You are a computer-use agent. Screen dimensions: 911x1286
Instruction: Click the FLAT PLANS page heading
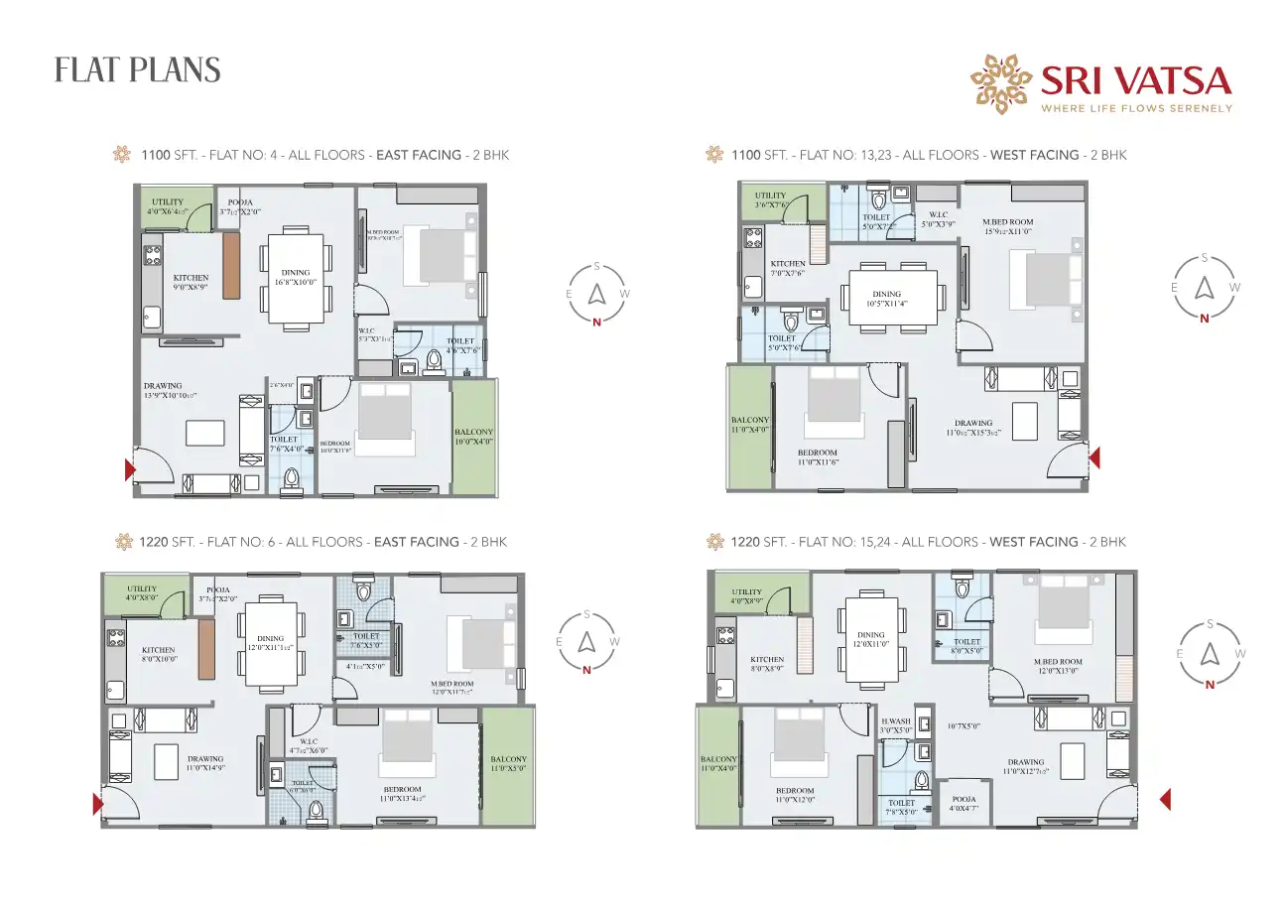[x=137, y=70]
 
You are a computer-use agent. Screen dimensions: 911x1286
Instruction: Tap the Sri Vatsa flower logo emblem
[x=1001, y=84]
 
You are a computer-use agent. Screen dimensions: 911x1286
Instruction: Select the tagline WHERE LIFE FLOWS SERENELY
[x=1136, y=108]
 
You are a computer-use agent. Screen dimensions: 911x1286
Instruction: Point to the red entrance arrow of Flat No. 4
[x=129, y=469]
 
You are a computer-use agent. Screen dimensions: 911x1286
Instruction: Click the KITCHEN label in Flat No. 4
[x=191, y=278]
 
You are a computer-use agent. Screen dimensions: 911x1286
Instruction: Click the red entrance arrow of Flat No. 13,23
[x=1094, y=457]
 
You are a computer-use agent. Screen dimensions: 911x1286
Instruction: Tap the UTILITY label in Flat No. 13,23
[x=770, y=195]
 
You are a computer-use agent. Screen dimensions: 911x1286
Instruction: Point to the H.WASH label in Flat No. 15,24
[x=894, y=720]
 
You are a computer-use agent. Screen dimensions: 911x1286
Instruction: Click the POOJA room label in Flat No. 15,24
[x=963, y=799]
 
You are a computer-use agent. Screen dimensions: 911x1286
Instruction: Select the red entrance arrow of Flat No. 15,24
[x=1167, y=799]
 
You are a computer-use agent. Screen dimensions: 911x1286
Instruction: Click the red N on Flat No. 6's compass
[x=586, y=669]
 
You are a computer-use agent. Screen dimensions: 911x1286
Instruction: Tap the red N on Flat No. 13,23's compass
[x=1205, y=319]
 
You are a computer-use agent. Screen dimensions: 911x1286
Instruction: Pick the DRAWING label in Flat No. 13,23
[x=973, y=423]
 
